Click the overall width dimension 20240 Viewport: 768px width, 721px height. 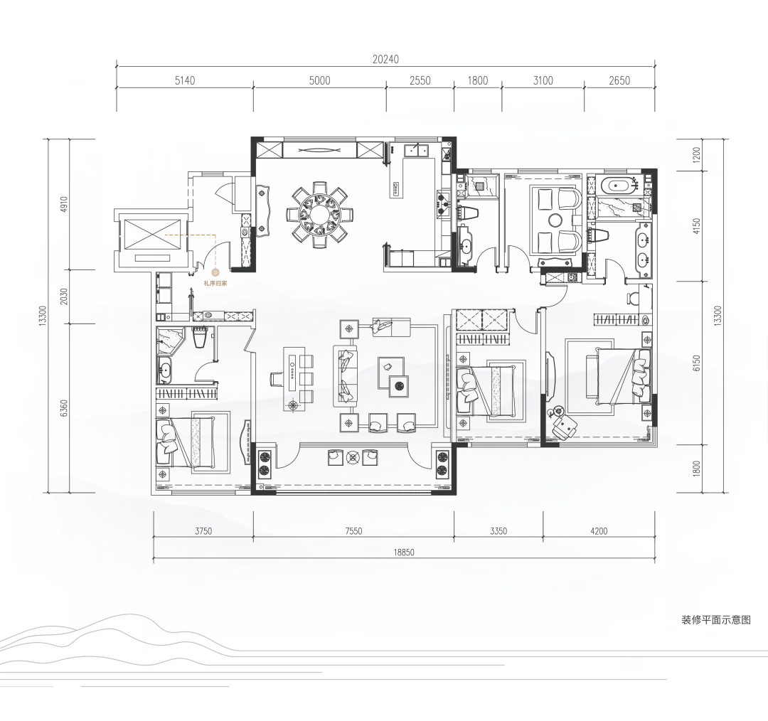385,59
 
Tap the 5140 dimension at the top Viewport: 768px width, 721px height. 185,80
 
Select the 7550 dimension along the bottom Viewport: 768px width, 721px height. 353,531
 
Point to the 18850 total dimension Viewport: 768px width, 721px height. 404,552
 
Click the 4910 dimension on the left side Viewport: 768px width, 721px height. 63,205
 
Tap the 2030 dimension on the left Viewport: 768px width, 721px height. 63,297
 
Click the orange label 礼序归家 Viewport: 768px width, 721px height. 215,283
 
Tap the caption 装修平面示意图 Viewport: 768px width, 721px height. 716,619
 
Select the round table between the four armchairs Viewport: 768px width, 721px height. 556,220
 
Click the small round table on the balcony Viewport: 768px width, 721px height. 353,457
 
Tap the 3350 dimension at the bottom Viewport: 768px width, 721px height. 498,531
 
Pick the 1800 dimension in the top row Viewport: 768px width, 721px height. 478,80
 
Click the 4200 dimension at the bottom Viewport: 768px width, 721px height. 599,531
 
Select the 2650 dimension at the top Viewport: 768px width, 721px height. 619,80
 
